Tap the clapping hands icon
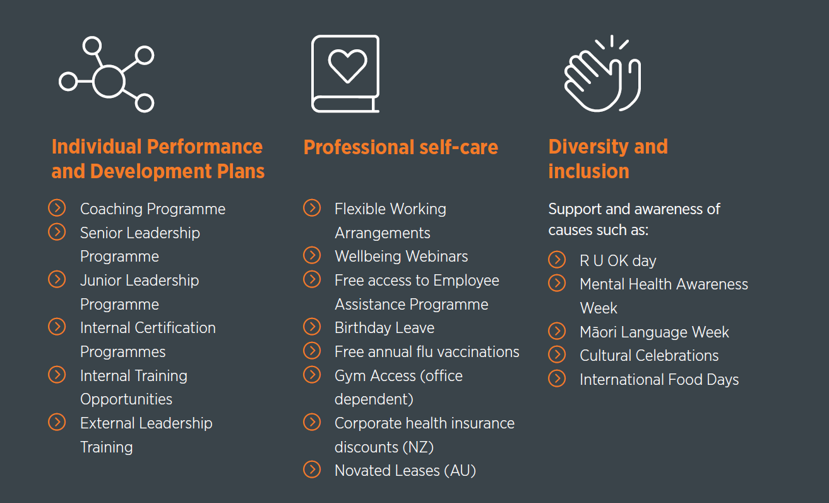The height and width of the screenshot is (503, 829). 602,74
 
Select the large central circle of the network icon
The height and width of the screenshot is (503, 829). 109,81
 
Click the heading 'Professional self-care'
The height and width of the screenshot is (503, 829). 401,147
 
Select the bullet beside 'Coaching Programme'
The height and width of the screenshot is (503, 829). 57,208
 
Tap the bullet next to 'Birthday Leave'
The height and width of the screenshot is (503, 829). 312,327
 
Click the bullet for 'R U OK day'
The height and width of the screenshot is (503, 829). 557,260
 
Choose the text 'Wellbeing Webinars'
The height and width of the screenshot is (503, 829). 401,257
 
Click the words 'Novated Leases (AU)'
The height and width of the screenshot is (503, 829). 405,471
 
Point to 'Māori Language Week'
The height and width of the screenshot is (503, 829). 654,332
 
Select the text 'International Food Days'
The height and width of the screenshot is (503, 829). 659,380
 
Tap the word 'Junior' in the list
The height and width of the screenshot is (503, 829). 100,281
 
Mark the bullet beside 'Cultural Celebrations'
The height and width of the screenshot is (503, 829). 557,355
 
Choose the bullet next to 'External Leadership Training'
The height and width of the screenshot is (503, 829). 57,422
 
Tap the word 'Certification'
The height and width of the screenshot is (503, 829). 175,328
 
